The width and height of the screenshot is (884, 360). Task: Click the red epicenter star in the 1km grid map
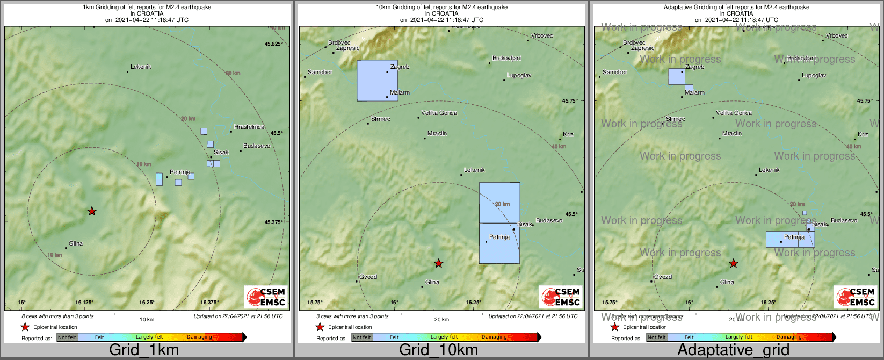(92, 211)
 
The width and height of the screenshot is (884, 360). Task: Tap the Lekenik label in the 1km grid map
(141, 67)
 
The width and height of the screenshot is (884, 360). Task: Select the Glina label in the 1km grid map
(76, 243)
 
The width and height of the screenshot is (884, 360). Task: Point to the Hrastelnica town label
(249, 127)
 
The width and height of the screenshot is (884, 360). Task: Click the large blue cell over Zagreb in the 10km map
(377, 81)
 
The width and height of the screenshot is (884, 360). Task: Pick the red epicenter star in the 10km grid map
(439, 263)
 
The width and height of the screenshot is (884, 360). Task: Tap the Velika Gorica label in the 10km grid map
(439, 113)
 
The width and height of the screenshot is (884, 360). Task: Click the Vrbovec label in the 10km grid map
(542, 36)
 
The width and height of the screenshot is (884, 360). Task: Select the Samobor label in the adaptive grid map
(614, 72)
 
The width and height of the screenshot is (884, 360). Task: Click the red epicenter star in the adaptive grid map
(734, 263)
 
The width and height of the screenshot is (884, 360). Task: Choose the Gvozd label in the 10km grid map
(368, 277)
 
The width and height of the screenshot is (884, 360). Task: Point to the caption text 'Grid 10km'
(438, 350)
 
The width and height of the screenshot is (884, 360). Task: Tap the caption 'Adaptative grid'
(733, 350)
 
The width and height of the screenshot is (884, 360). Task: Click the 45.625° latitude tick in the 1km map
(274, 44)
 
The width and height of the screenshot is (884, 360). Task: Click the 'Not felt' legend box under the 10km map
(362, 337)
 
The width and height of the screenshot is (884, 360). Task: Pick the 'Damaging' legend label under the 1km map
(199, 337)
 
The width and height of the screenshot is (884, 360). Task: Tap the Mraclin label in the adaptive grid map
(732, 133)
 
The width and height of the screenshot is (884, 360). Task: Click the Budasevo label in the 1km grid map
(257, 146)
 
